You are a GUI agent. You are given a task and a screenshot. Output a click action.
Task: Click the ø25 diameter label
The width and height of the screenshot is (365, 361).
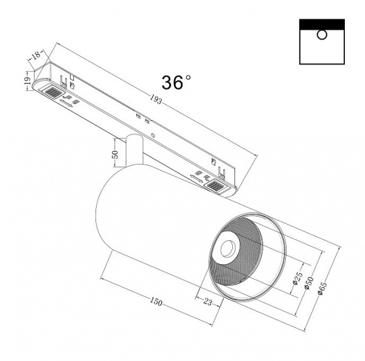pyautogui.click(x=297, y=279)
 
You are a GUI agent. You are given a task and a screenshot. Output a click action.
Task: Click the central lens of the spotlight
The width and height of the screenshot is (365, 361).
pyautogui.click(x=229, y=248)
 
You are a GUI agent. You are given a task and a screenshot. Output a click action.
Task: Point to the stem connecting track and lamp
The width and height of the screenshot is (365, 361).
pyautogui.click(x=134, y=150)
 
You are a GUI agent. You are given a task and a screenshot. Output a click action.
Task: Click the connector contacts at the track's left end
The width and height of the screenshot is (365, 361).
pyautogui.click(x=52, y=93)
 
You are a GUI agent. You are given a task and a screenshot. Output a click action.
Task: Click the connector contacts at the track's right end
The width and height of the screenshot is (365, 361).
pyautogui.click(x=217, y=186)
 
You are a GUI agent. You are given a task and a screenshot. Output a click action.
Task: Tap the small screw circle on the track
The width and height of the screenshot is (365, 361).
pyautogui.click(x=154, y=136)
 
